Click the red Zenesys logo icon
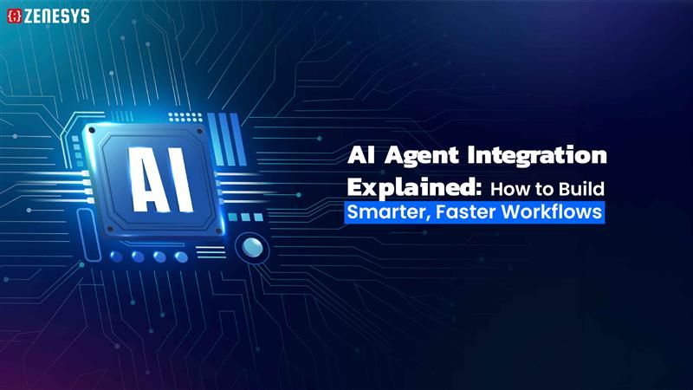(x=14, y=15)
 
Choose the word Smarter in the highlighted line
(x=388, y=213)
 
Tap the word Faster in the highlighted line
(x=468, y=213)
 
